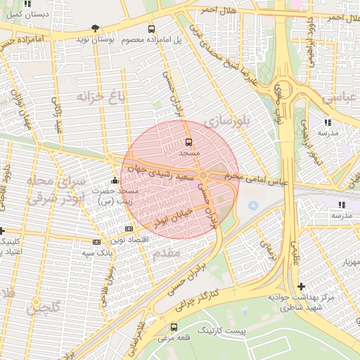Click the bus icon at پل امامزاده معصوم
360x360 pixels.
click(x=152, y=29)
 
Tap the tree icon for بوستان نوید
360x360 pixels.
click(x=95, y=29)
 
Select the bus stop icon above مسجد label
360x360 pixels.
click(x=188, y=141)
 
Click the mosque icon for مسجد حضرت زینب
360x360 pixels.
click(x=115, y=180)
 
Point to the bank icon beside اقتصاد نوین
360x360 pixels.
click(x=129, y=229)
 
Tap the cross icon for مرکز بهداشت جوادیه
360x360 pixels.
click(x=302, y=286)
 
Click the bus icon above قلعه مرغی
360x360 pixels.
click(x=174, y=327)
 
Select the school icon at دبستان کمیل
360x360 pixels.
click(x=27, y=4)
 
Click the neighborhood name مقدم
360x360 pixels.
click(x=167, y=251)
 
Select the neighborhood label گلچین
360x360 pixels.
click(x=44, y=307)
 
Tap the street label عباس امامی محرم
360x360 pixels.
click(x=264, y=181)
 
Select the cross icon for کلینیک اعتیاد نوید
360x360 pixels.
click(x=2, y=230)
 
